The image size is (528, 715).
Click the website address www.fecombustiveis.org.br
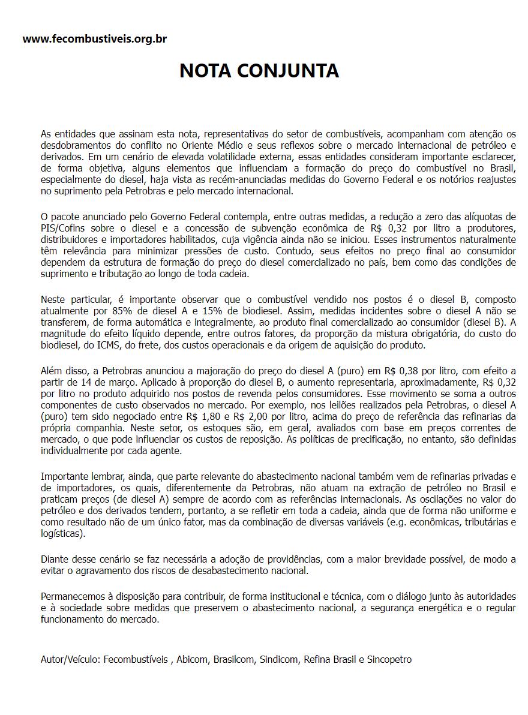[x=95, y=39]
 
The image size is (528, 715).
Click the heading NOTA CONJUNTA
[x=259, y=71]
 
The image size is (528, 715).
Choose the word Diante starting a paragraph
[x=54, y=559]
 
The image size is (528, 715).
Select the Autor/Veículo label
[x=70, y=659]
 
